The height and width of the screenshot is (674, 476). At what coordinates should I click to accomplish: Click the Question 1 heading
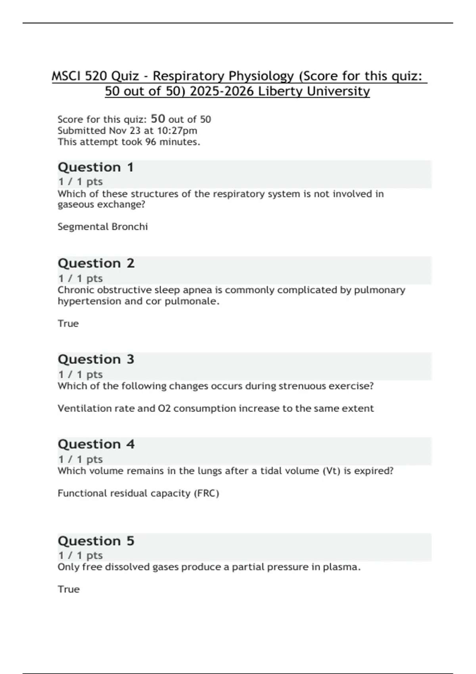coord(96,167)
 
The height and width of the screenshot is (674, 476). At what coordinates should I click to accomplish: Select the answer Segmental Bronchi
coord(102,227)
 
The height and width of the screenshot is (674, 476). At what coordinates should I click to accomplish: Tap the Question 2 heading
coord(96,263)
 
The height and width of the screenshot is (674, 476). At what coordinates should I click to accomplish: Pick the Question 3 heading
coord(96,359)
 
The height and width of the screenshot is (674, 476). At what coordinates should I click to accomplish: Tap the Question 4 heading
coord(96,444)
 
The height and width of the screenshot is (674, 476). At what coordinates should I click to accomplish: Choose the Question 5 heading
coord(96,541)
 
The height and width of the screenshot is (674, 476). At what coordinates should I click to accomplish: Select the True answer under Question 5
coord(69,589)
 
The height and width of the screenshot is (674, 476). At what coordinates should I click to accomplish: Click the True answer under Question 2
coord(68,324)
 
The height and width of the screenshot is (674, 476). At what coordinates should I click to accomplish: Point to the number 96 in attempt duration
coord(150,142)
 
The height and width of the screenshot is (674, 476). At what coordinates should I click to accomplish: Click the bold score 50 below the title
coord(158,119)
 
